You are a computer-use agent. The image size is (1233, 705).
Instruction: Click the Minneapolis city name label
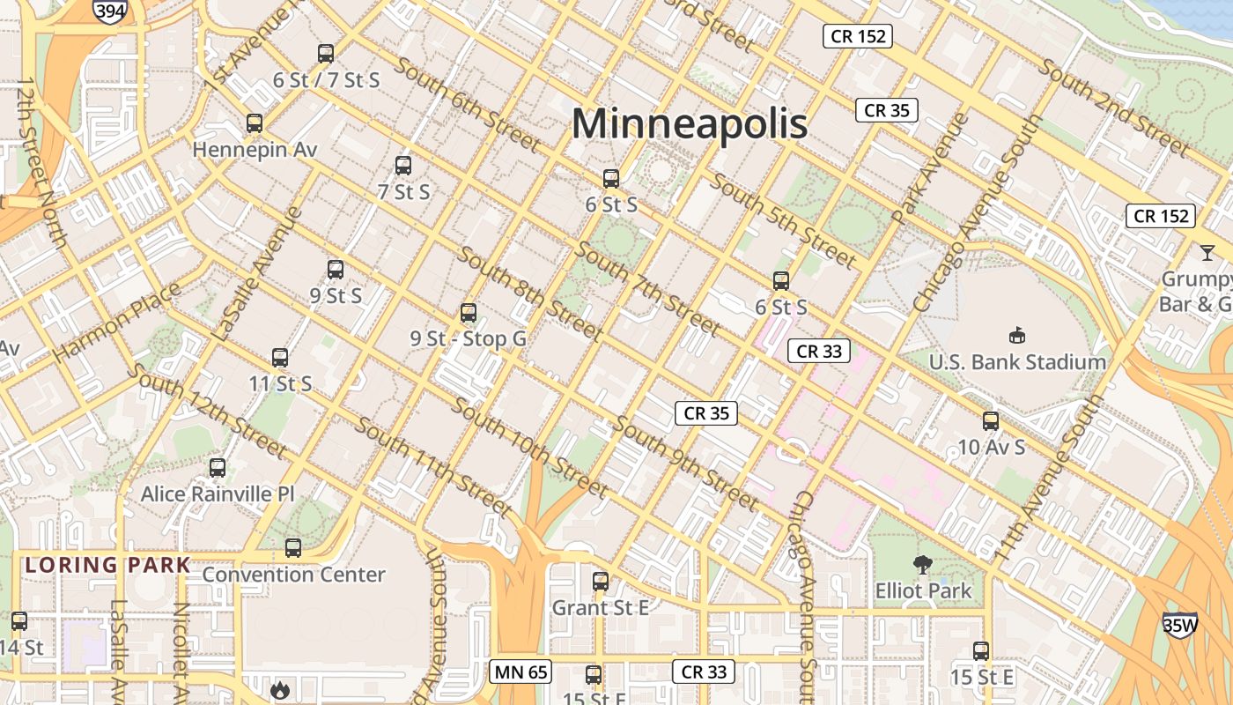click(x=690, y=123)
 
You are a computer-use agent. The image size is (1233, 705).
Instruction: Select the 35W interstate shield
click(x=1179, y=625)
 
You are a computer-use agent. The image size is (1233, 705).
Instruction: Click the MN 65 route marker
click(x=521, y=672)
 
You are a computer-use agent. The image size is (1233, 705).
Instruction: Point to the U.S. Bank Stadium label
click(x=1017, y=362)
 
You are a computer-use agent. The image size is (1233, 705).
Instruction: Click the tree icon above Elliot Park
click(x=923, y=564)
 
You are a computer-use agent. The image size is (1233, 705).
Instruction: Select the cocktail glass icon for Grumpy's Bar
click(x=1206, y=253)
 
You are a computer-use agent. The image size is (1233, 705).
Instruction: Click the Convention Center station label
click(x=293, y=575)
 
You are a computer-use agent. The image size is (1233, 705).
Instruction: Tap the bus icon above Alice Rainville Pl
click(x=218, y=468)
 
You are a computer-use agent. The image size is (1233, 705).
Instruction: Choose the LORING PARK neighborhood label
click(x=107, y=565)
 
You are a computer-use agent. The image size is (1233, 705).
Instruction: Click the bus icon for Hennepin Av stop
click(x=255, y=123)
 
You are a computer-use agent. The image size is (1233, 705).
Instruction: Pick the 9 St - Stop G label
click(x=468, y=338)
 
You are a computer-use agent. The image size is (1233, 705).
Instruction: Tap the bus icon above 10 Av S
click(x=991, y=421)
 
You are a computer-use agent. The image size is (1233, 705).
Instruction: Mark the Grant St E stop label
click(x=600, y=608)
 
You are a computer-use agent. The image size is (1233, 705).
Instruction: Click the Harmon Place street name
click(x=116, y=323)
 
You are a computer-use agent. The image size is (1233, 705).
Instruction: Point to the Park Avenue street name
click(x=931, y=167)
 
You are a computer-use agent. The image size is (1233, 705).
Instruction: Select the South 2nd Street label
click(x=1113, y=107)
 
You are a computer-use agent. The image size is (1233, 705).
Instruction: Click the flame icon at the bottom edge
click(x=280, y=690)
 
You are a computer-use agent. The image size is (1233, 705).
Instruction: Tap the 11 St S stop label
click(x=280, y=384)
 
